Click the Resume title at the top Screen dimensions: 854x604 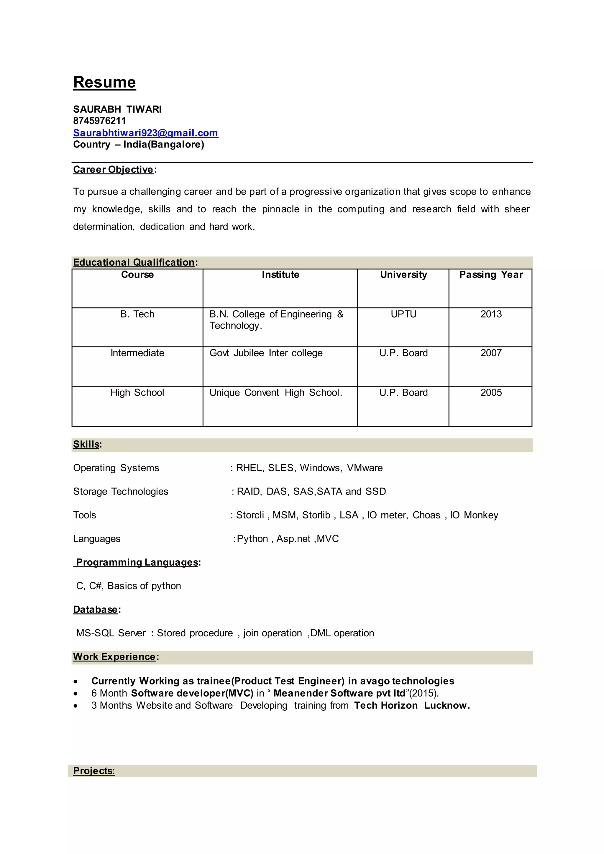(104, 82)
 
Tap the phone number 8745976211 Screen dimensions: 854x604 (99, 121)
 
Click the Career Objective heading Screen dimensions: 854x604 (113, 170)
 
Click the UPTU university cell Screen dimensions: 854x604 (403, 314)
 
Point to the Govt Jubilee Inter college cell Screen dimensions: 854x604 (266, 353)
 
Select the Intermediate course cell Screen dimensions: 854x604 (137, 353)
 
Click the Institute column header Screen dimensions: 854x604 (280, 275)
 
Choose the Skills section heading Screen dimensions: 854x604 (86, 444)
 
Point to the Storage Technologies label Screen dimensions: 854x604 (121, 491)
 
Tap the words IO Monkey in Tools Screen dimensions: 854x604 (474, 515)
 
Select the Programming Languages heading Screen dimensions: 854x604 (137, 562)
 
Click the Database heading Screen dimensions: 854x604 (95, 609)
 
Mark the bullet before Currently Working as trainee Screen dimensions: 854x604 (76, 681)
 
